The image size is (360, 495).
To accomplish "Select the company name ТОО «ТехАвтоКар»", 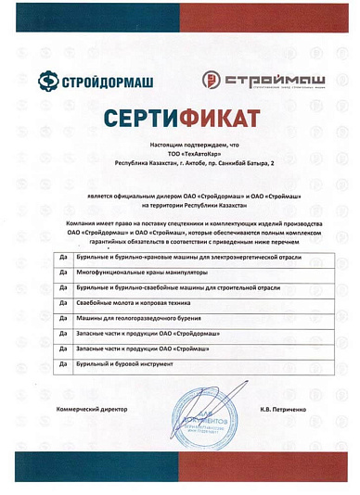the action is coord(180,153).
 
